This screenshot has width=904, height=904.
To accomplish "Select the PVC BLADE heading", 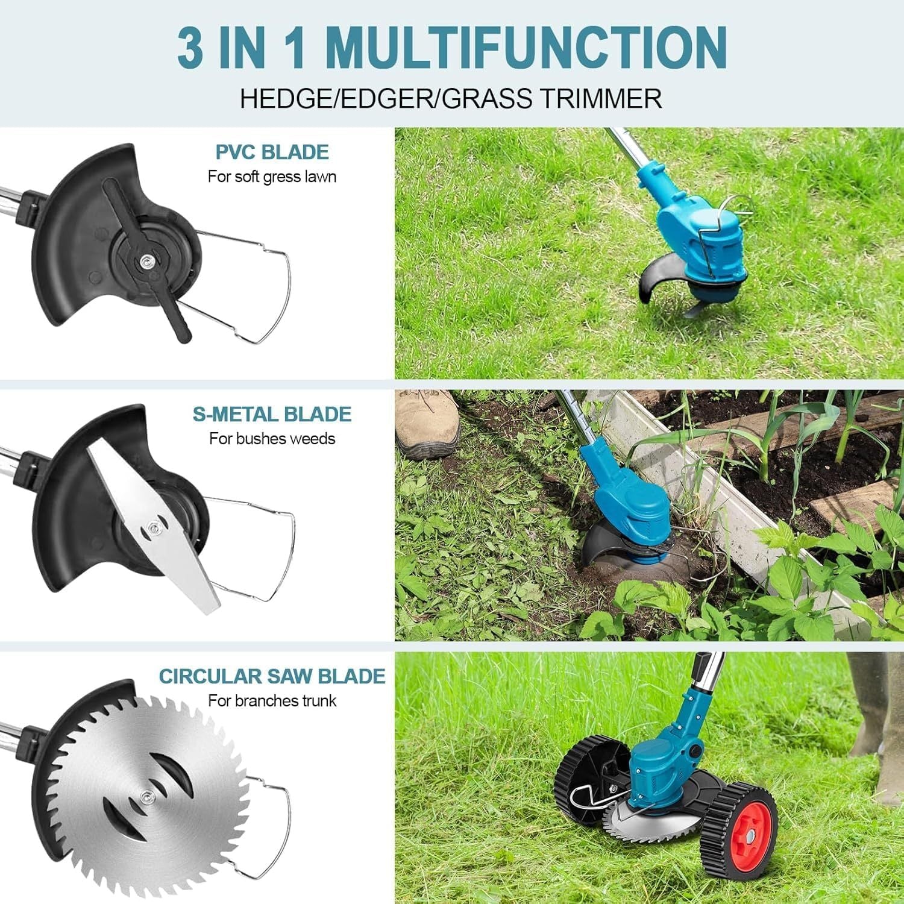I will click(x=272, y=152).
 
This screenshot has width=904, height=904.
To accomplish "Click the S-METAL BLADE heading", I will click(x=272, y=415).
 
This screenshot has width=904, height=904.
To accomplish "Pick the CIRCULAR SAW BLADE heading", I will click(x=272, y=676).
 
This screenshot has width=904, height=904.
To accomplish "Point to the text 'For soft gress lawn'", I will click(x=272, y=177).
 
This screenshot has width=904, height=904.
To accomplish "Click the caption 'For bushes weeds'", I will click(x=272, y=439).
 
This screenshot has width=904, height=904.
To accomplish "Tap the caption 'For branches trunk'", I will click(x=272, y=701).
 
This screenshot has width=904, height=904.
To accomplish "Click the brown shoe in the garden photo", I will click(x=426, y=422).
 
